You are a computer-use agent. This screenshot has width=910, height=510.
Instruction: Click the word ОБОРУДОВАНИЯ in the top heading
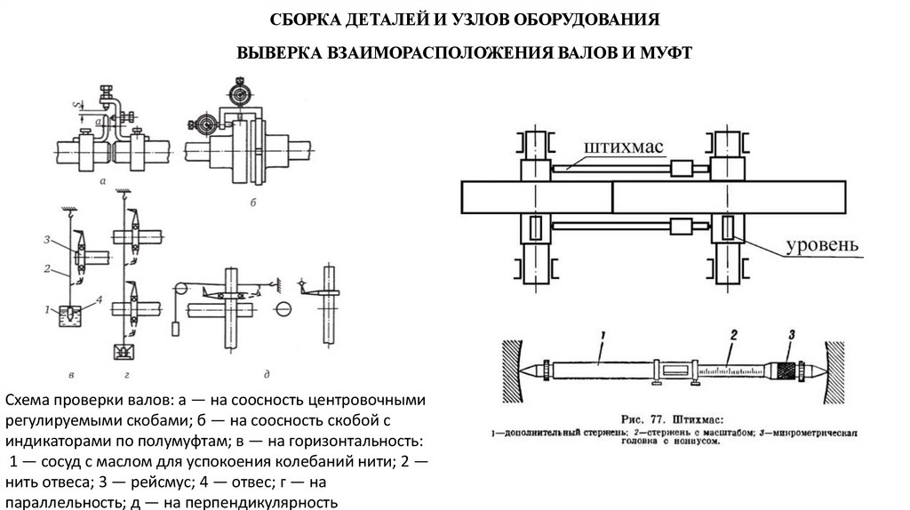click(577, 19)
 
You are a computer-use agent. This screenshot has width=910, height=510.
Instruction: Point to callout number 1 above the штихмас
click(601, 335)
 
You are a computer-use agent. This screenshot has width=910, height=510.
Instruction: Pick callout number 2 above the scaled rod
click(734, 335)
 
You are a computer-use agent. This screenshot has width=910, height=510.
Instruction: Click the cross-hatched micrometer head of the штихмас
click(786, 367)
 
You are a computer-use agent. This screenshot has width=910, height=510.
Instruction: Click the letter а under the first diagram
click(103, 181)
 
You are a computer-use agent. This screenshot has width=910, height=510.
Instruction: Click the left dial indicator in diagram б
click(200, 124)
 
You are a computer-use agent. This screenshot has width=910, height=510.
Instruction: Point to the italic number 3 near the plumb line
click(46, 240)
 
